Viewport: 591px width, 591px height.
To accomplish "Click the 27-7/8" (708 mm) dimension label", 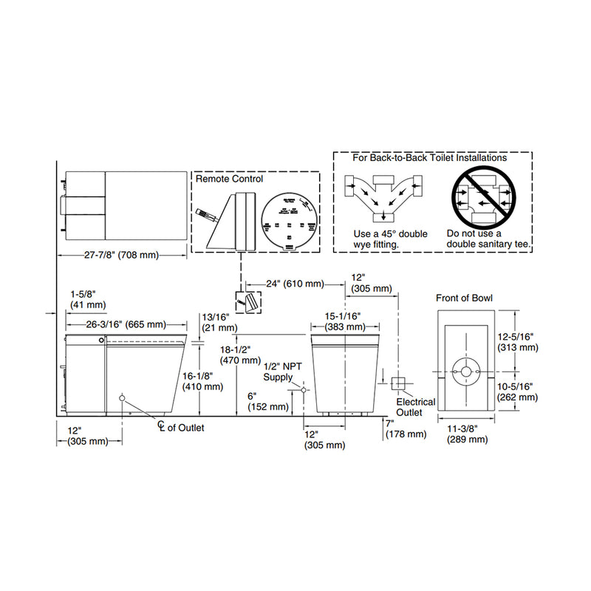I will [120, 255].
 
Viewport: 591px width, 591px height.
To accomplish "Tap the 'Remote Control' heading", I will [229, 179].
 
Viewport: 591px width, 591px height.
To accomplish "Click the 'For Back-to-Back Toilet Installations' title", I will [429, 157].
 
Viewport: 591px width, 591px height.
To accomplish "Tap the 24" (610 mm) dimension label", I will [284, 284].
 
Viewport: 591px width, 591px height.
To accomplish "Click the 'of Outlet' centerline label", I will [182, 427].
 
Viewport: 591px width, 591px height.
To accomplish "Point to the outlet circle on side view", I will [123, 400].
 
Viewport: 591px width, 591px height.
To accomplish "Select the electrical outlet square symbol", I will [399, 383].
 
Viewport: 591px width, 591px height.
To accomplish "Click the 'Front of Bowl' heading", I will [464, 298].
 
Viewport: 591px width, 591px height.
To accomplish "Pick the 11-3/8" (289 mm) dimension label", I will [467, 434].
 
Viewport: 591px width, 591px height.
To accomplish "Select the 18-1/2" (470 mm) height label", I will [238, 354].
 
